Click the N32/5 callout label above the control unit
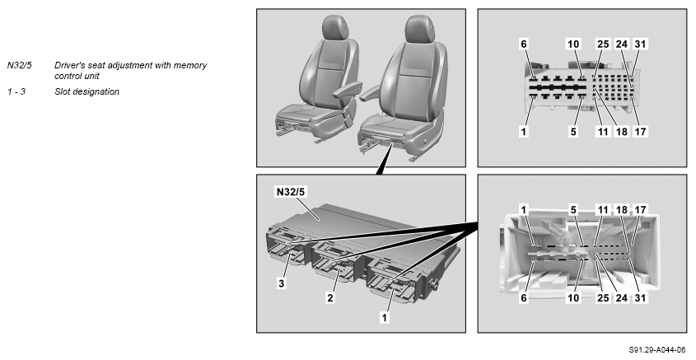tap(292, 192)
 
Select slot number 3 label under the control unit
tap(282, 283)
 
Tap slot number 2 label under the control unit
tap(330, 298)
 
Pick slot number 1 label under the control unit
tap(385, 317)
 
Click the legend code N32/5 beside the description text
tap(20, 65)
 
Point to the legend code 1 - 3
tap(16, 91)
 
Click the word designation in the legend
tap(98, 92)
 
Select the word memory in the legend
tap(190, 65)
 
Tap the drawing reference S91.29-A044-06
tap(657, 350)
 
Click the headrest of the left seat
tap(335, 27)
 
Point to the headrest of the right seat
tap(419, 29)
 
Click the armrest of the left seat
tap(347, 88)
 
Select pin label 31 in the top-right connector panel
tap(640, 44)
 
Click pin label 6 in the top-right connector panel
tap(524, 44)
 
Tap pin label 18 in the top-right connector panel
tap(622, 131)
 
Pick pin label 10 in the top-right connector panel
tap(573, 44)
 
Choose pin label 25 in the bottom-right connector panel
tap(603, 298)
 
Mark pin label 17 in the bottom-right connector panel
tap(640, 209)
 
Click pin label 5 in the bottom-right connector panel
tap(573, 209)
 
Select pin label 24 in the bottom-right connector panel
tap(622, 298)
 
